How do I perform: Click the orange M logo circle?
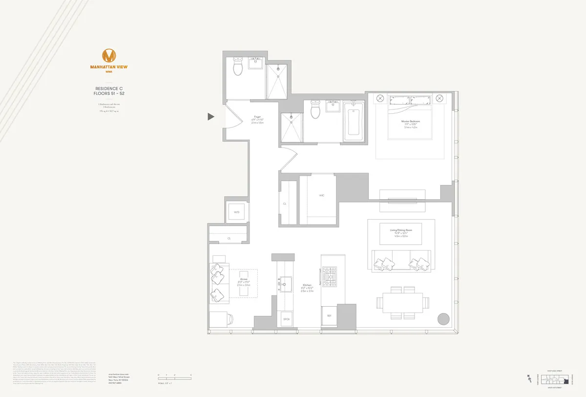110,55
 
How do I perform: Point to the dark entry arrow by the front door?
211,116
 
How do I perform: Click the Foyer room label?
257,117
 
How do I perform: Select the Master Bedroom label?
410,121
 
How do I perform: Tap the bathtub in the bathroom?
352,122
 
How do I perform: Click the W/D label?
236,212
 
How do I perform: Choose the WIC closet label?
322,195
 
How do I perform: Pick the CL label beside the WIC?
285,204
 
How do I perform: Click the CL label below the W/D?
229,238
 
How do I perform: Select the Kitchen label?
307,285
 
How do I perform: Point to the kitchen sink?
283,284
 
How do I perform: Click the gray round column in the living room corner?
443,319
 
